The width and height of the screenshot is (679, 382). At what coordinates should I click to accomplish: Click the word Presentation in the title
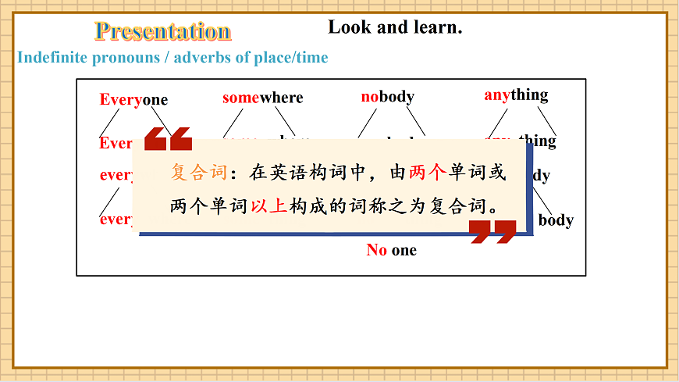point(162,31)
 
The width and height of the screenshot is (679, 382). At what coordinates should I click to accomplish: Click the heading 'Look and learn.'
point(395,27)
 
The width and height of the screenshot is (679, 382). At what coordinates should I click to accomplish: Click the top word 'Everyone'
point(133,99)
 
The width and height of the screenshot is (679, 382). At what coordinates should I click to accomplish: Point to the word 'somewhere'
point(262,98)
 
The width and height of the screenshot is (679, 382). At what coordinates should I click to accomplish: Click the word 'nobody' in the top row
point(387,97)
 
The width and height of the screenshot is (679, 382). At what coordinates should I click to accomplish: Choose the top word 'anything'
point(516,95)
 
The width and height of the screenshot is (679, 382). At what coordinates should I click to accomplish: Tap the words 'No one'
point(392,250)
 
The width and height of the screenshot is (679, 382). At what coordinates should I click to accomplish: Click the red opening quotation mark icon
point(168,138)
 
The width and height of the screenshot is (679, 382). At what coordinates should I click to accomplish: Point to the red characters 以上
point(269,207)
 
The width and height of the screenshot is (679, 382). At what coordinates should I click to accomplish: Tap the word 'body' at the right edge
point(556,220)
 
